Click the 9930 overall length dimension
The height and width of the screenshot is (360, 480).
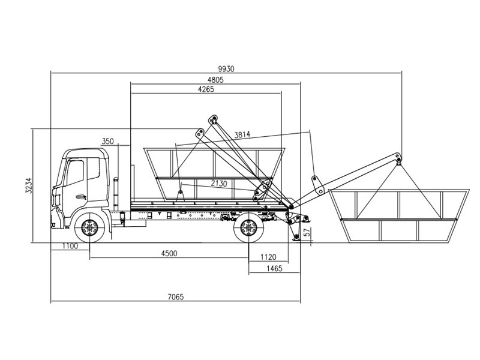point(226,68)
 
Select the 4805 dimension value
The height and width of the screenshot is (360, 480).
point(215,80)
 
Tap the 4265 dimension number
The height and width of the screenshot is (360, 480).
point(205,89)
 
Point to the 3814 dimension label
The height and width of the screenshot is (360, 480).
point(243,134)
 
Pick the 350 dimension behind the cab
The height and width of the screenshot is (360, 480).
point(107,141)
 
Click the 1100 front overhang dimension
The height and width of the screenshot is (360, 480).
point(70,247)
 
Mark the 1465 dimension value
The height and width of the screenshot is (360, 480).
point(274,269)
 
